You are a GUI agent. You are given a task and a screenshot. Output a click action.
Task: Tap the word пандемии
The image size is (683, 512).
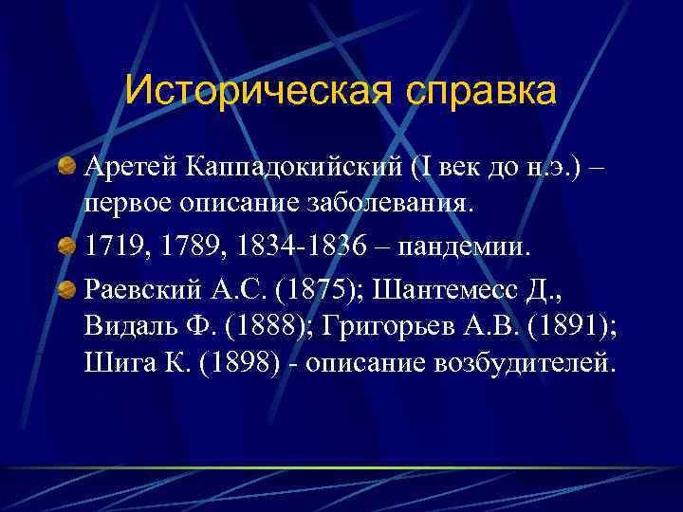pyautogui.click(x=469, y=247)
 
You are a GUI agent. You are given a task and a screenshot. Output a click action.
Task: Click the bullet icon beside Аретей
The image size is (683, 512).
pyautogui.click(x=67, y=168)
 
